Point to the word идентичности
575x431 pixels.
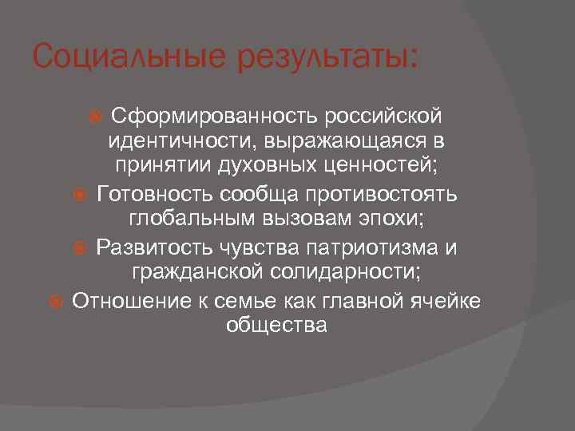point(185,143)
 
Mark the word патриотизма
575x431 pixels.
point(355,247)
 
